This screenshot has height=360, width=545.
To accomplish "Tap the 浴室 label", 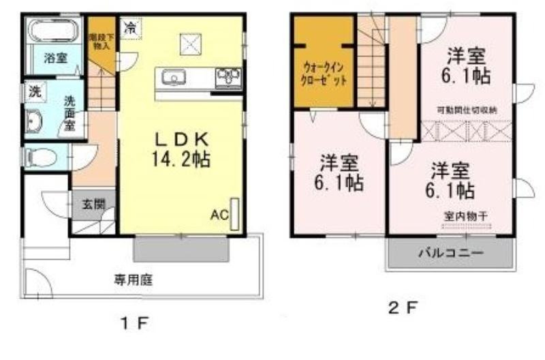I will point(55,59).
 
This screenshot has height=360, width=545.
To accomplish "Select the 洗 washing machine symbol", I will point(33,92).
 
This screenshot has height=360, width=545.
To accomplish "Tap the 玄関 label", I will point(94,202).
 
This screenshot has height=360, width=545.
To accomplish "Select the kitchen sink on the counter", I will point(174,78).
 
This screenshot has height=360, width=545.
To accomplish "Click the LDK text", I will point(181,138).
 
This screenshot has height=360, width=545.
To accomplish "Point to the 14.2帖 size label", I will point(181,160).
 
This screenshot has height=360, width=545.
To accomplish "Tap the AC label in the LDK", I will point(218,215).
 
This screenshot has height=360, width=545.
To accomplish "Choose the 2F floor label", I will point(402,307).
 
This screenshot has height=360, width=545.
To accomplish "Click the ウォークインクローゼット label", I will point(324,73).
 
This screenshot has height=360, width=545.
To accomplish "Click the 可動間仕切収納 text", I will point(465,110).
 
